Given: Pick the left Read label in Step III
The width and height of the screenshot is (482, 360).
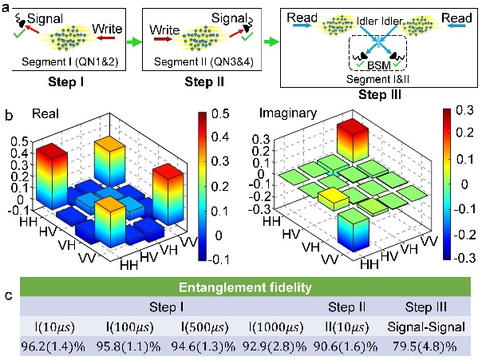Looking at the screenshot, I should click(305, 14).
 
